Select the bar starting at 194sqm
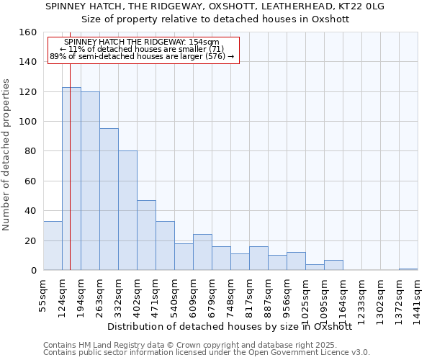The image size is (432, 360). (x=90, y=181)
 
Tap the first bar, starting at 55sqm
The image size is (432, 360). (x=53, y=246)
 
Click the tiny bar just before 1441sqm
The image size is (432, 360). (x=408, y=269)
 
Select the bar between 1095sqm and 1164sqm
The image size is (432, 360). (x=333, y=265)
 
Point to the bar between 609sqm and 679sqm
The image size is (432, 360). (x=202, y=252)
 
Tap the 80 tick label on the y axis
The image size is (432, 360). (x=30, y=151)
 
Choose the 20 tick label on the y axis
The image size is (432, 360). (x=30, y=240)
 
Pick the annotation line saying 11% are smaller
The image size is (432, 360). (x=141, y=49)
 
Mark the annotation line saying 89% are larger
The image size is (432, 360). (x=141, y=56)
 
